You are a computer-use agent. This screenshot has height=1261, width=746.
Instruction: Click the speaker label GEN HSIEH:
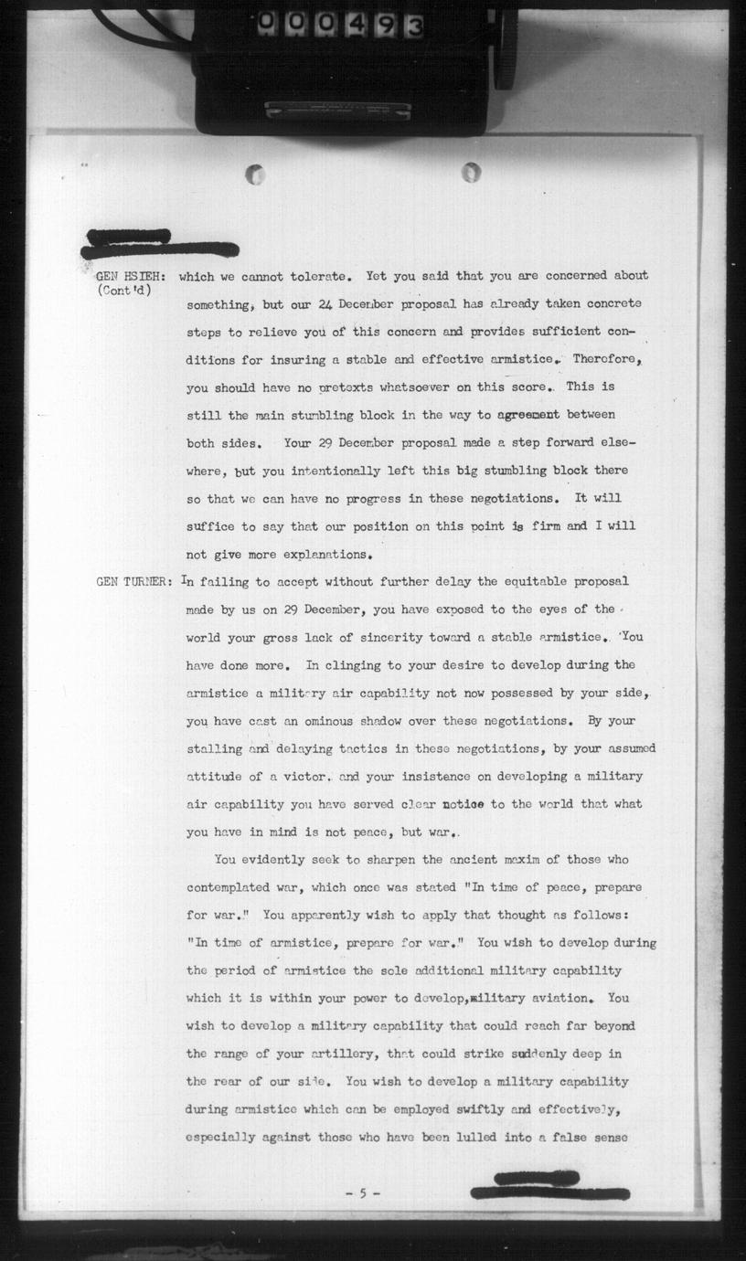130,275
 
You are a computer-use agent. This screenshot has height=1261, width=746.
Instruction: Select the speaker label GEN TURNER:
133,581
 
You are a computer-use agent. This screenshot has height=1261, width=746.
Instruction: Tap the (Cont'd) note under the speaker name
123,291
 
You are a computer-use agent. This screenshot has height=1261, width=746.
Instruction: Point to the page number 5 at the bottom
363,1193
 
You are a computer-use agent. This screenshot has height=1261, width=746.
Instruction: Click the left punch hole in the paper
256,174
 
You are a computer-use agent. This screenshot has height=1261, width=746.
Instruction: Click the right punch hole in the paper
471,171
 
